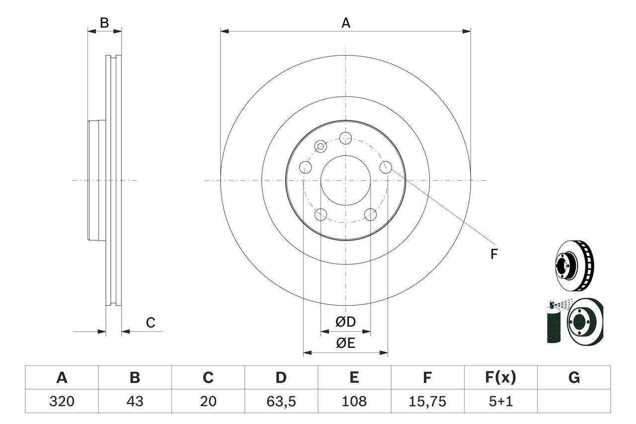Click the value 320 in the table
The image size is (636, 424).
pyautogui.click(x=62, y=401)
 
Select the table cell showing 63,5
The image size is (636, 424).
pyautogui.click(x=281, y=401)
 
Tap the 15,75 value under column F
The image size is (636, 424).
pyautogui.click(x=427, y=401)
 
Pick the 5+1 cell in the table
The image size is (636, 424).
pyautogui.click(x=500, y=401)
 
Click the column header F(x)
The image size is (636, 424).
pyautogui.click(x=500, y=378)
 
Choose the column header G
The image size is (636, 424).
pyautogui.click(x=574, y=378)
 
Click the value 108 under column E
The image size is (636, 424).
pyautogui.click(x=354, y=401)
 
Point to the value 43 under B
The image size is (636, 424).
pyautogui.click(x=135, y=401)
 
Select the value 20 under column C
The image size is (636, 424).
pyautogui.click(x=208, y=401)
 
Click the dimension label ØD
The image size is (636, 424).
pyautogui.click(x=346, y=322)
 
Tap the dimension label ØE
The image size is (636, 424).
pyautogui.click(x=346, y=343)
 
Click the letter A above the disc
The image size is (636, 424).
pyautogui.click(x=346, y=22)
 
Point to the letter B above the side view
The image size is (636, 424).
pyautogui.click(x=104, y=22)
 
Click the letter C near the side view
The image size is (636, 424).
pyautogui.click(x=151, y=323)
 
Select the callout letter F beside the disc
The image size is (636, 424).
pyautogui.click(x=494, y=254)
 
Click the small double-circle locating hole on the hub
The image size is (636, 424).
pyautogui.click(x=321, y=146)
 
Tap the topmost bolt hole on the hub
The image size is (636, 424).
pyautogui.click(x=345, y=138)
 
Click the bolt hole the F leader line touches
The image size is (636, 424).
pyautogui.click(x=386, y=167)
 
